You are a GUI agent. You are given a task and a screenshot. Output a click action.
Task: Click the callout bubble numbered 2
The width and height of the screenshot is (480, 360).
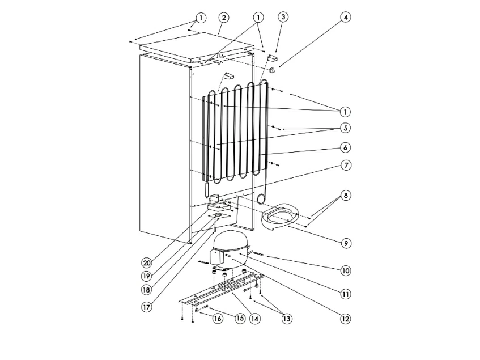click(x=224, y=18)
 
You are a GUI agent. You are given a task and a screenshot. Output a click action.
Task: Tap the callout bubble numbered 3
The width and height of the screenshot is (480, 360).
click(x=283, y=17)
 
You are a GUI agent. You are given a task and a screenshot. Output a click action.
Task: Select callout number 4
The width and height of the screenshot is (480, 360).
click(x=346, y=17)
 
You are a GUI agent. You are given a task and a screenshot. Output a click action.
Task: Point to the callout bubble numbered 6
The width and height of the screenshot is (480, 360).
click(x=345, y=147)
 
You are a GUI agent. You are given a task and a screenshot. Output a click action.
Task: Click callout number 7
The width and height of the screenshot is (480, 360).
click(x=346, y=166)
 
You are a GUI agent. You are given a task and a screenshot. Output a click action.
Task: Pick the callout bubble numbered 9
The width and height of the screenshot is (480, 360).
click(x=346, y=243)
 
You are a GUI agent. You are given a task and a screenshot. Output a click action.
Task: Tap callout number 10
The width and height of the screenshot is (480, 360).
click(x=346, y=270)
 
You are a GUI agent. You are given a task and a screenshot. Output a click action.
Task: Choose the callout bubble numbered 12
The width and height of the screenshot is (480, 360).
click(x=345, y=319)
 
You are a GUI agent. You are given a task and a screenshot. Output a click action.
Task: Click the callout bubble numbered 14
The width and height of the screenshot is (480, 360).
click(x=254, y=319)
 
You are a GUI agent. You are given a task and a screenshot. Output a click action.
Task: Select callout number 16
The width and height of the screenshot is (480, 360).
click(x=218, y=319)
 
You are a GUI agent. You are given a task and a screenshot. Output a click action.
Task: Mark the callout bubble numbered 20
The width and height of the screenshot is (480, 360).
click(x=147, y=263)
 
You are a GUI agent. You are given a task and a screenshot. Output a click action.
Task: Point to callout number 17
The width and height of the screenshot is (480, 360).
click(x=147, y=307)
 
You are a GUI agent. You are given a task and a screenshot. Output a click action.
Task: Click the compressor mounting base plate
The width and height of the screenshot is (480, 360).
click(x=221, y=289)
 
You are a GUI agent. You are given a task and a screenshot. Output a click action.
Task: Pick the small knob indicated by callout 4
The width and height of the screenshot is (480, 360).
click(x=272, y=70)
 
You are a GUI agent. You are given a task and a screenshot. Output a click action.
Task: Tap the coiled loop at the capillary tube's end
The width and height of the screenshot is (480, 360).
click(x=261, y=198)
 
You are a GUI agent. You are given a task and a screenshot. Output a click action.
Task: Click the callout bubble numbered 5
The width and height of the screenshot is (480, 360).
click(x=345, y=128)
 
